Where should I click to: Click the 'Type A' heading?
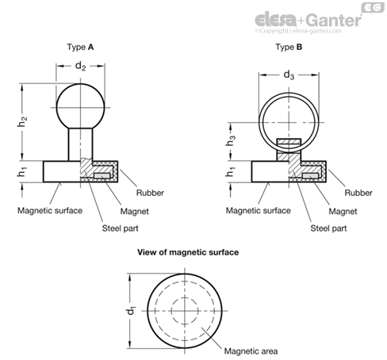tap(80, 47)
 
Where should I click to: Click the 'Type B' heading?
tap(289, 47)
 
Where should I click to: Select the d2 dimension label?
tap(80, 66)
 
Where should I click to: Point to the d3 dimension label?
tap(289, 75)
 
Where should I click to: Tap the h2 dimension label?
tap(22, 121)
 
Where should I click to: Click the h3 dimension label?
tap(230, 140)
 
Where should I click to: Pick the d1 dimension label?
tap(132, 311)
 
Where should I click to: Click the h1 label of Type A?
tap(22, 172)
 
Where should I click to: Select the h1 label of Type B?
tap(230, 172)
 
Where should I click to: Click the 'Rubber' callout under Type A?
tap(150, 193)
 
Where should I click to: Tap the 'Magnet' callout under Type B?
tap(343, 211)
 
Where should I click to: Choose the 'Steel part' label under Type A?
tap(120, 228)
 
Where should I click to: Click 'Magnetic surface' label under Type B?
tap(258, 210)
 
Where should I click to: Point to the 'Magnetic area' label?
tap(251, 351)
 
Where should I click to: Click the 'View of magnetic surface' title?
tap(188, 252)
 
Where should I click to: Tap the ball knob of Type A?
tap(80, 107)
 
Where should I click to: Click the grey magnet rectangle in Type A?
tap(102, 176)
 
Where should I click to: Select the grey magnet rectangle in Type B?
tap(310, 176)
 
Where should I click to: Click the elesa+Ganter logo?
tap(308, 21)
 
